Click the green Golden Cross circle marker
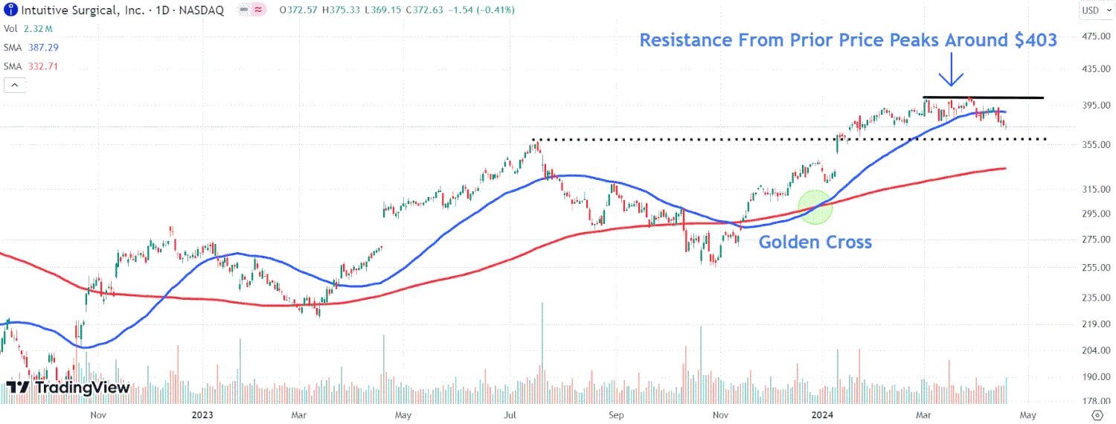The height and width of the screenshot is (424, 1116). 815,207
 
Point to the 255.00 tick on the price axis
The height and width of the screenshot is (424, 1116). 1095,268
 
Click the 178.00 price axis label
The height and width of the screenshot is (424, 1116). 1095,401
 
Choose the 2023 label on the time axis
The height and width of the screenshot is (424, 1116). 202,414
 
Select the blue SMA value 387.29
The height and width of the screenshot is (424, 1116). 43,47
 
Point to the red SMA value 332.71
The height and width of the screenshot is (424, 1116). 43,66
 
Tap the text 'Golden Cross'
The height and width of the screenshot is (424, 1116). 815,242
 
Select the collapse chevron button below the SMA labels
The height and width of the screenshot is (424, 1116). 14,86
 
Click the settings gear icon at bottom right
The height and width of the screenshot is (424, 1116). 1096,414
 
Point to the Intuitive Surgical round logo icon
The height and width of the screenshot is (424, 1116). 7,10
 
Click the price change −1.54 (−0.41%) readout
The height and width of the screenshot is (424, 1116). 482,10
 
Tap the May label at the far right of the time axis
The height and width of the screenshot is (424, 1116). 1027,414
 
